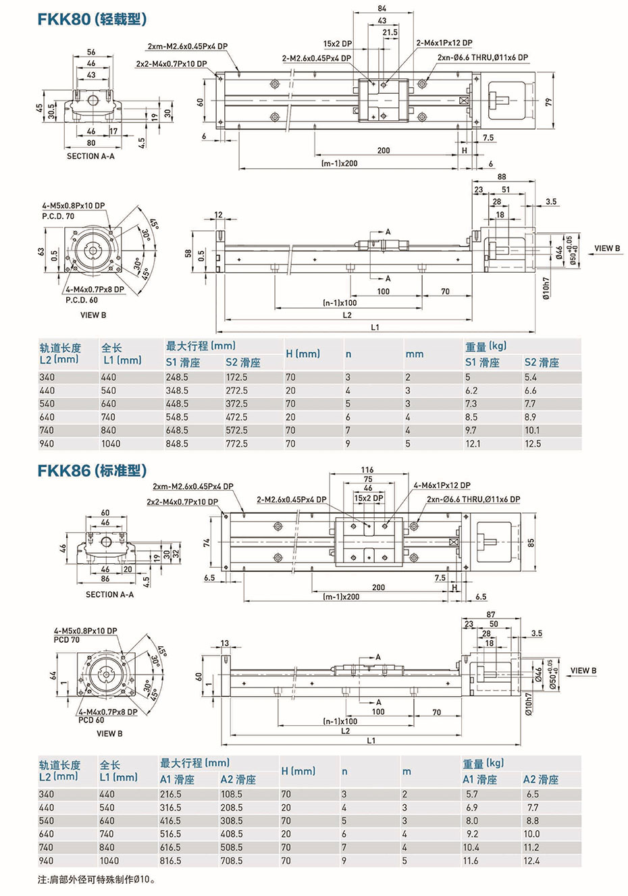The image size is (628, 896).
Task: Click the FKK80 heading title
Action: (x=93, y=20)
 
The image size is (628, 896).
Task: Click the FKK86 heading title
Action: (x=93, y=470)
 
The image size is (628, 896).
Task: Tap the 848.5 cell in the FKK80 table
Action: (x=177, y=444)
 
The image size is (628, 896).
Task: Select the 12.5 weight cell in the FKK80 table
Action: (x=533, y=444)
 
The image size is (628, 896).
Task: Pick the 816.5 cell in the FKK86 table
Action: (x=170, y=861)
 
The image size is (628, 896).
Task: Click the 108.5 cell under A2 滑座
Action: (x=232, y=794)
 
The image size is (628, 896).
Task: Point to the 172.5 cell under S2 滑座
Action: (x=236, y=377)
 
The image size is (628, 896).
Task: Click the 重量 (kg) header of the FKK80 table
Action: (x=486, y=346)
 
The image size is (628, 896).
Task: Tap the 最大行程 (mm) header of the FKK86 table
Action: (x=194, y=763)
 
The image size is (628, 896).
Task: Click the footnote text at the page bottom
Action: (x=97, y=880)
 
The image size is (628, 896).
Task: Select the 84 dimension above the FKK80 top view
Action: (x=382, y=9)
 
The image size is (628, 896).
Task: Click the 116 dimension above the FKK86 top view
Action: (x=367, y=469)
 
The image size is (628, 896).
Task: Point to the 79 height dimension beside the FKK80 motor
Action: (x=549, y=102)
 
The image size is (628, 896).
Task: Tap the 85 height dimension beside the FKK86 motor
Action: (x=531, y=542)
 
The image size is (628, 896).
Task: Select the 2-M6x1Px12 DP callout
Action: (x=444, y=43)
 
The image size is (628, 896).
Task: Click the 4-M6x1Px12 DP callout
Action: (x=442, y=485)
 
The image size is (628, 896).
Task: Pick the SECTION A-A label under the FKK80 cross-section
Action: (x=90, y=156)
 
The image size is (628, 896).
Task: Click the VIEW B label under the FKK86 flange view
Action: (x=109, y=733)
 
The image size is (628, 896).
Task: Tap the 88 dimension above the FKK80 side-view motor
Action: (x=502, y=177)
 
